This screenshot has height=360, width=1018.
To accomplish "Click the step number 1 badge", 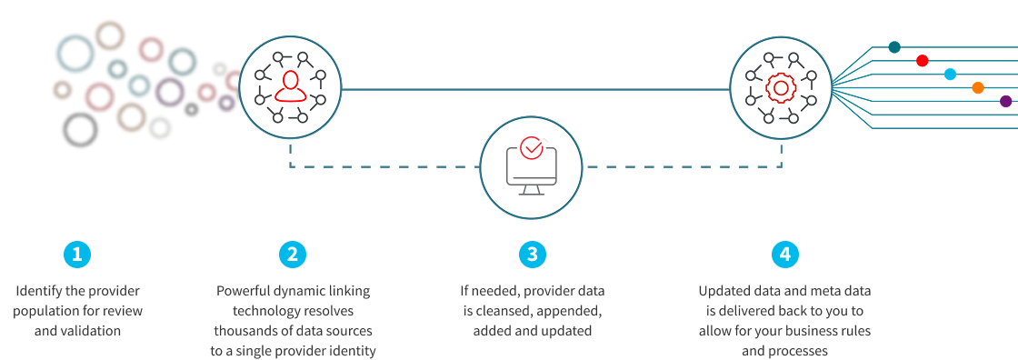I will click(77, 255).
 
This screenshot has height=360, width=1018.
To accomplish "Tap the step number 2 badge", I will click(292, 255).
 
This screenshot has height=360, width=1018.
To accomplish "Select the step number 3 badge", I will click(532, 255).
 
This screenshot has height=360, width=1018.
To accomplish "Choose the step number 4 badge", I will click(784, 255).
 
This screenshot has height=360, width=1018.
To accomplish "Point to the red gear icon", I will click(780, 88).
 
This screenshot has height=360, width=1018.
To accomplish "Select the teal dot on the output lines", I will click(894, 47).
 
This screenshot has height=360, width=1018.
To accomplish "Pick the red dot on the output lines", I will click(923, 61).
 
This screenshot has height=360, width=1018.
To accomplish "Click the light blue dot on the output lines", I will click(950, 75).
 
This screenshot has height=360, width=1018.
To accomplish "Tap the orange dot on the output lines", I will click(978, 88).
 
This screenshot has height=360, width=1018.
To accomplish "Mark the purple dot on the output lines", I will click(1005, 101).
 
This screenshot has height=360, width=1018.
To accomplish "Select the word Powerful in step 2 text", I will click(241, 291).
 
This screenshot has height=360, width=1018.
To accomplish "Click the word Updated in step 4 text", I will click(722, 291).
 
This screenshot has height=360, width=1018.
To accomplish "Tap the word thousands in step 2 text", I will click(239, 331).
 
